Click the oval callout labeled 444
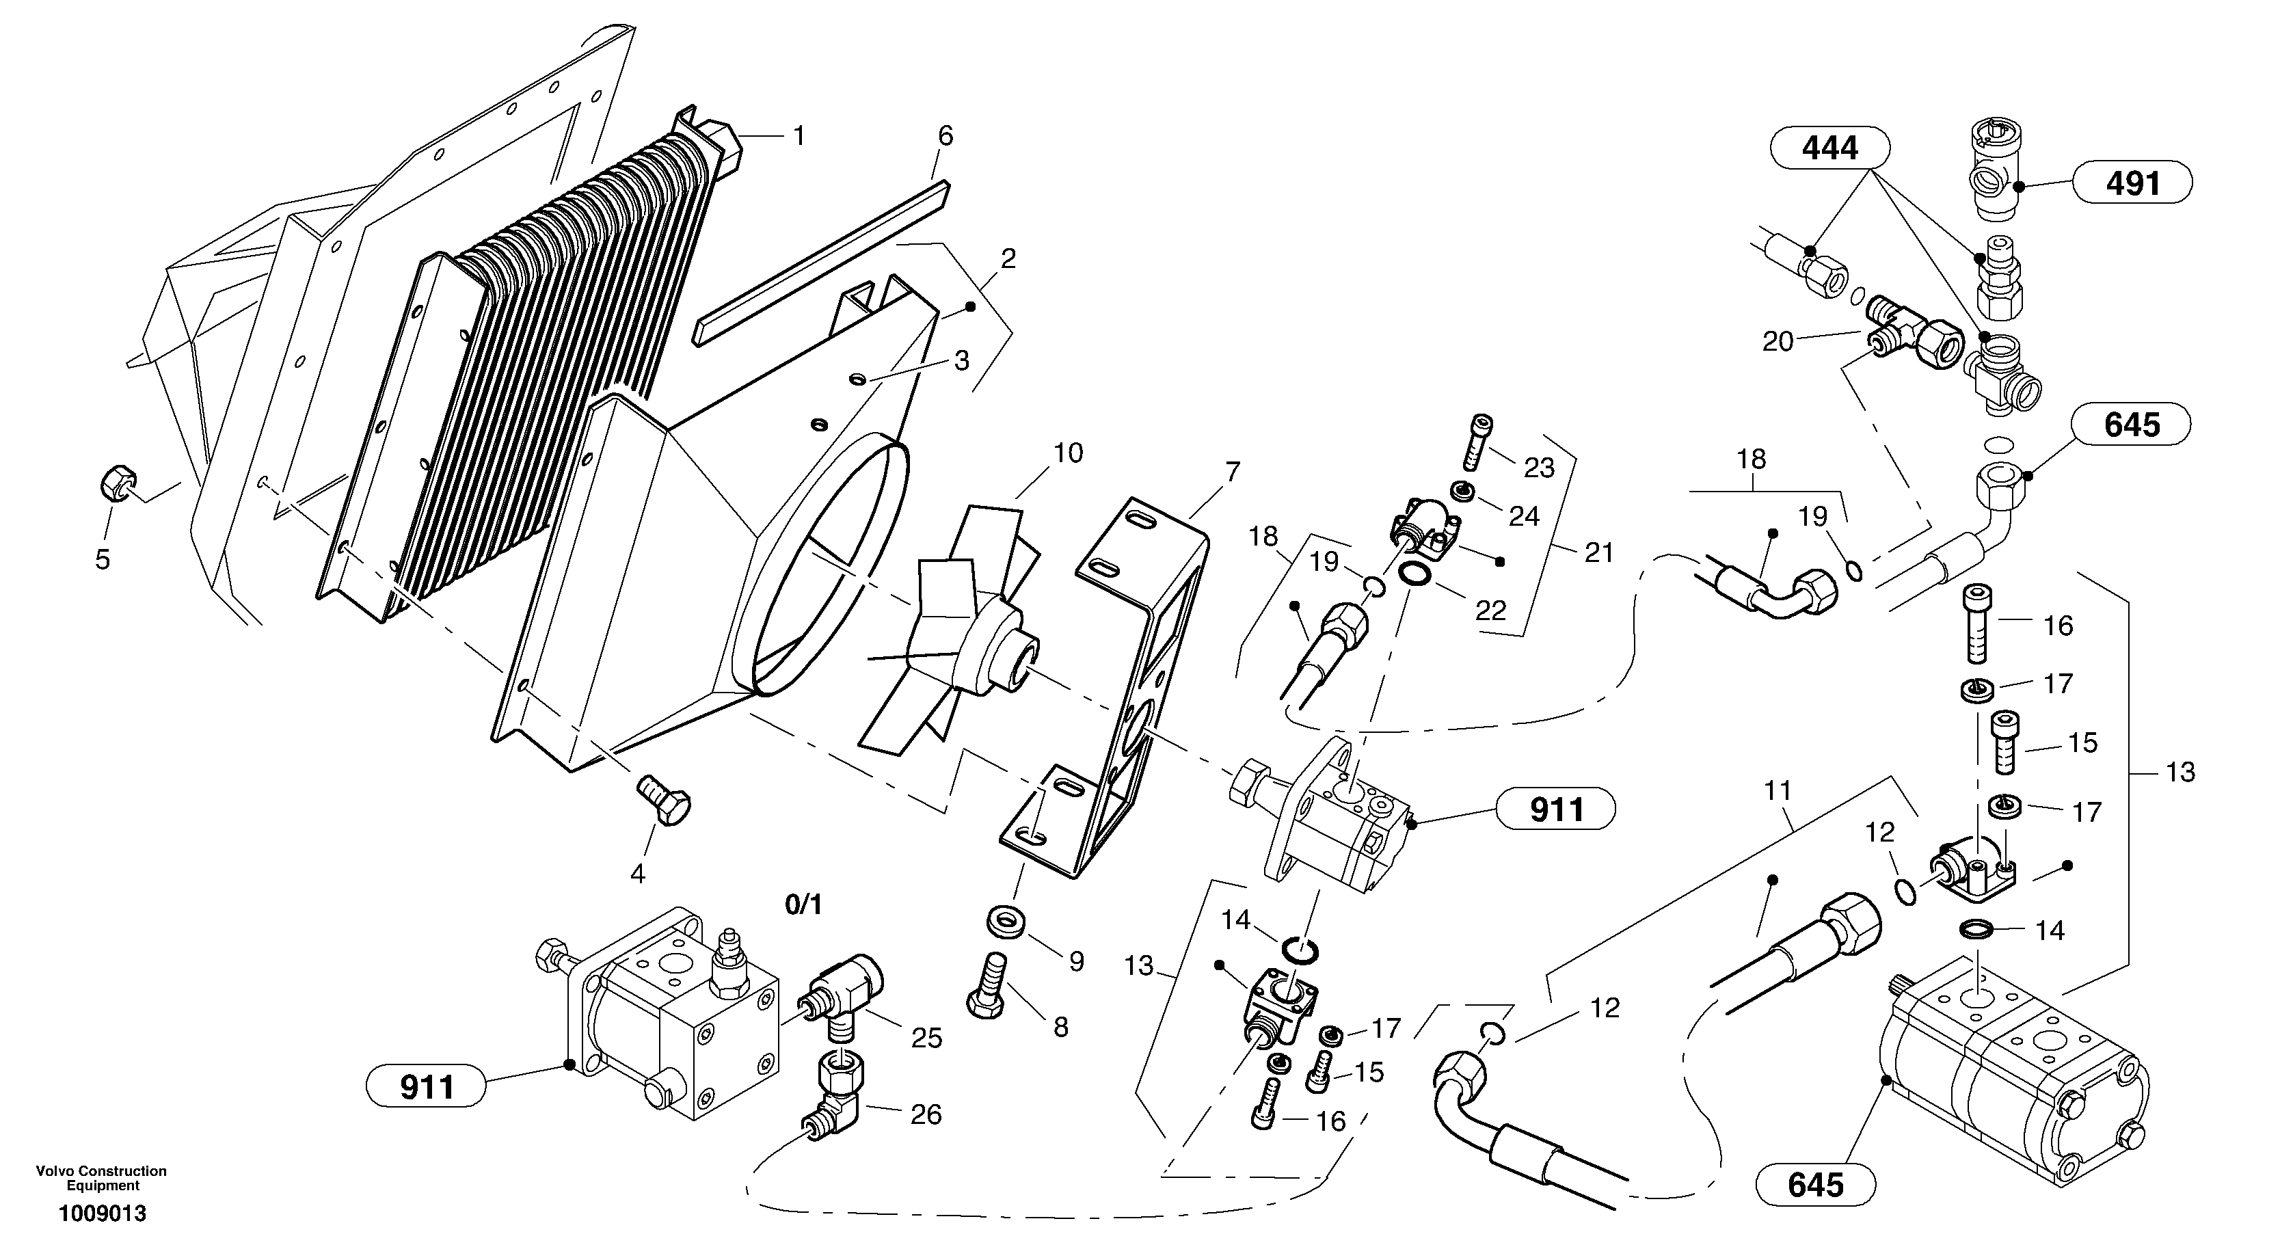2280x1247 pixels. [x=1829, y=147]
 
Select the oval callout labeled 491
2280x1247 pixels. [x=2132, y=184]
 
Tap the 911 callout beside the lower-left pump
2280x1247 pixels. [x=427, y=1087]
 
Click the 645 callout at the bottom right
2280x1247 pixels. [x=1815, y=1184]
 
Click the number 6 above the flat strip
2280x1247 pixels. [x=945, y=135]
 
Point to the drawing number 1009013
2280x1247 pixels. [x=103, y=1214]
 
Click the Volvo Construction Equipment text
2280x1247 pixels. [x=102, y=1178]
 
